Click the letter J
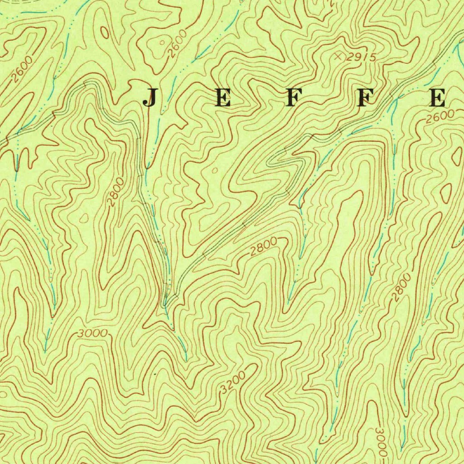point(150,98)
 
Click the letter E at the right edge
point(438,97)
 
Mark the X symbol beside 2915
point(338,56)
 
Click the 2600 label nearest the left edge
point(22,68)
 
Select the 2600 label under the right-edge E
point(440,116)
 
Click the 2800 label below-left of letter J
point(116,192)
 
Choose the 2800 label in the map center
point(263,247)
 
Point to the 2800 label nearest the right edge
point(401,287)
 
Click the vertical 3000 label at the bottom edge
point(381,442)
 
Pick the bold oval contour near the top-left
point(105,33)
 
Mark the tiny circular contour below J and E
point(215,170)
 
